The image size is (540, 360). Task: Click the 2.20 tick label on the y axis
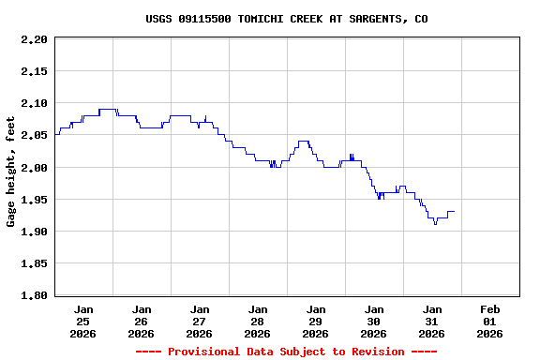click(33, 39)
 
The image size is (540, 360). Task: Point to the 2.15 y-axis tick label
click(33, 71)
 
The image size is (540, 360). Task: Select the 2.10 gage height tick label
click(33, 103)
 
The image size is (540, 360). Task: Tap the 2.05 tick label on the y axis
click(33, 135)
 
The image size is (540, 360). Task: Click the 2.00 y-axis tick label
click(33, 167)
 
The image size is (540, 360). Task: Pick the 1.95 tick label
click(33, 200)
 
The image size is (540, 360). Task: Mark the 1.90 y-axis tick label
click(33, 232)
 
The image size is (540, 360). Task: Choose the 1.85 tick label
click(33, 263)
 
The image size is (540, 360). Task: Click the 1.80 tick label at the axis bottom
click(33, 295)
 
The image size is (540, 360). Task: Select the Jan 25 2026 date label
click(83, 321)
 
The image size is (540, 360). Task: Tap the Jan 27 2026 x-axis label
click(200, 321)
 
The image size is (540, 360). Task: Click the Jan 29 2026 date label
click(316, 321)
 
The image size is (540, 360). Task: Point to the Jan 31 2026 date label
click(432, 321)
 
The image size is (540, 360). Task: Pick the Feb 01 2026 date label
click(489, 321)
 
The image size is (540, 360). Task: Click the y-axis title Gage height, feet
click(11, 172)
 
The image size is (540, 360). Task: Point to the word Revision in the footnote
click(375, 352)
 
